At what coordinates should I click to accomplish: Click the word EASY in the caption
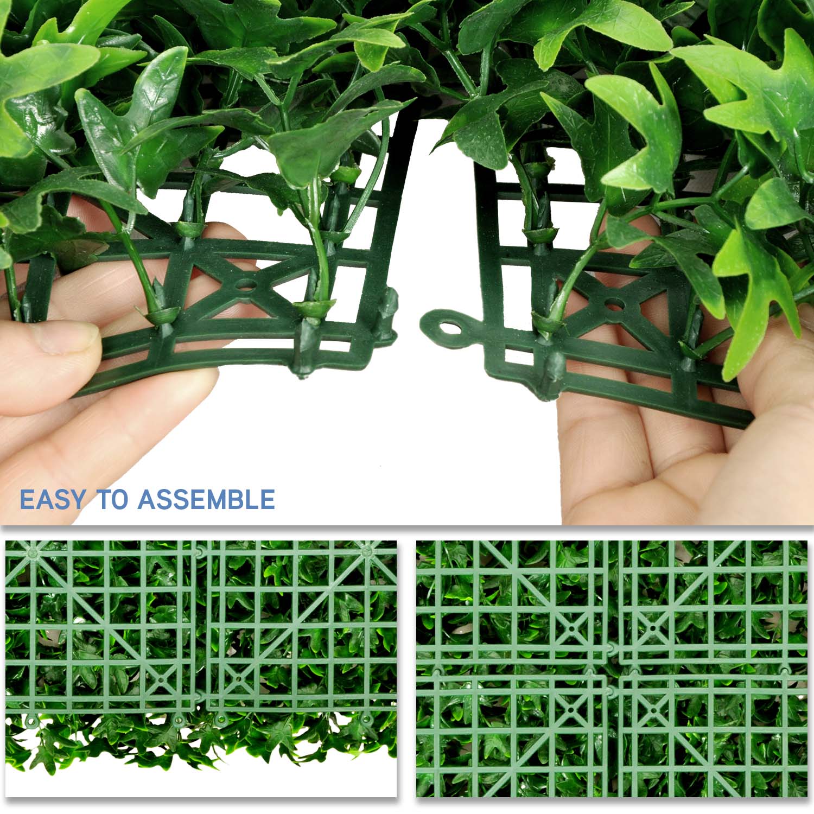(x=53, y=499)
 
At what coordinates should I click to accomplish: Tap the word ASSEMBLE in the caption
(x=206, y=499)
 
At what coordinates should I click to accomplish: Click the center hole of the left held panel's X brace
(x=245, y=283)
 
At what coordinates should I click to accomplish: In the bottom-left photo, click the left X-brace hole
(x=162, y=678)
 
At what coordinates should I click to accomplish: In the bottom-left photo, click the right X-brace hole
(x=236, y=678)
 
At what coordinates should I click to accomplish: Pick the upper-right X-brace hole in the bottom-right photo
(x=653, y=629)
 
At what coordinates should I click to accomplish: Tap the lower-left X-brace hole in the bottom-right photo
(x=573, y=709)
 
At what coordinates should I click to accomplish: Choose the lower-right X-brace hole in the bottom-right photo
(x=653, y=709)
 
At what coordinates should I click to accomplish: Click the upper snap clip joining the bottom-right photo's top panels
(x=612, y=647)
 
